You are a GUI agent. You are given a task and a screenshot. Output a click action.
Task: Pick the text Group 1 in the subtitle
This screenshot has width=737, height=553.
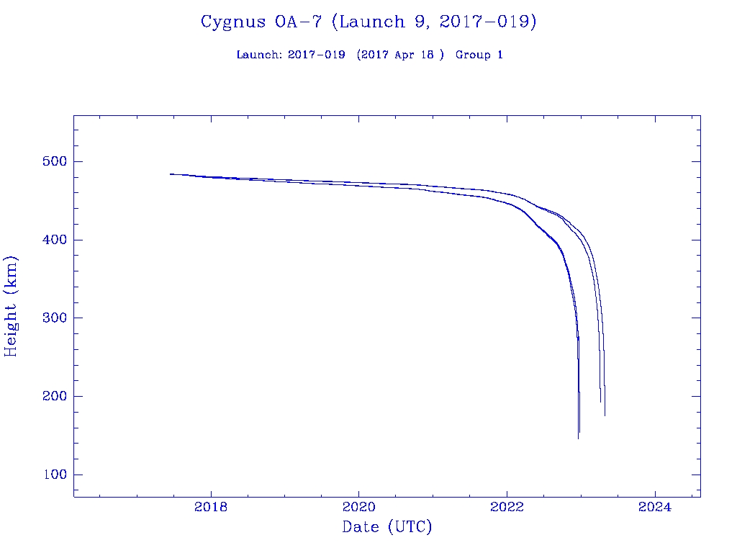479,55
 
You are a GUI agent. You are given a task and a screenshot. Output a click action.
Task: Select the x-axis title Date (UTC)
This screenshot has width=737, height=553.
387,528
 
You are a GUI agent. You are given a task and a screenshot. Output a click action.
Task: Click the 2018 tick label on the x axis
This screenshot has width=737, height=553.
211,508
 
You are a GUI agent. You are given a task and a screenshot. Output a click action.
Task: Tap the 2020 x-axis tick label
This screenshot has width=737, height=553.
359,508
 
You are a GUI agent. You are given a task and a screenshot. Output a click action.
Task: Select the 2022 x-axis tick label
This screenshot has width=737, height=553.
507,508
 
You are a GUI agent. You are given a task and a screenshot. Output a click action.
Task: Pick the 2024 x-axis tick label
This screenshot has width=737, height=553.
656,508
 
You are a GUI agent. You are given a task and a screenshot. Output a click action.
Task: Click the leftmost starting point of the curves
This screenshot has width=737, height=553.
171,174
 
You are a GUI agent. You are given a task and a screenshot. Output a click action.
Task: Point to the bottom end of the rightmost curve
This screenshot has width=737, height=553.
605,415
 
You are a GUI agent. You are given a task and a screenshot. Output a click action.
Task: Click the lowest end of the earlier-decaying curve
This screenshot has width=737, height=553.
578,438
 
